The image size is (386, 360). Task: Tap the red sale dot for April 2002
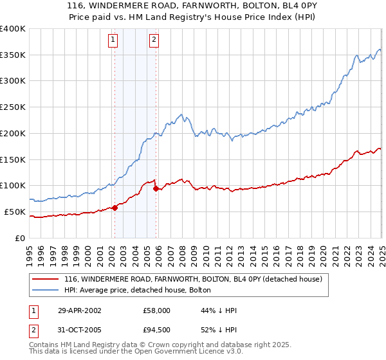[115, 207]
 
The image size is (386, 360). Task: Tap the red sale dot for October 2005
[156, 188]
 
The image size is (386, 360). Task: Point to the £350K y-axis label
[13, 55]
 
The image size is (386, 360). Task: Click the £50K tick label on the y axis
[15, 212]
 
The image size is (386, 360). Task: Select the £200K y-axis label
[13, 133]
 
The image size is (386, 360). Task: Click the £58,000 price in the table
[157, 310]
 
